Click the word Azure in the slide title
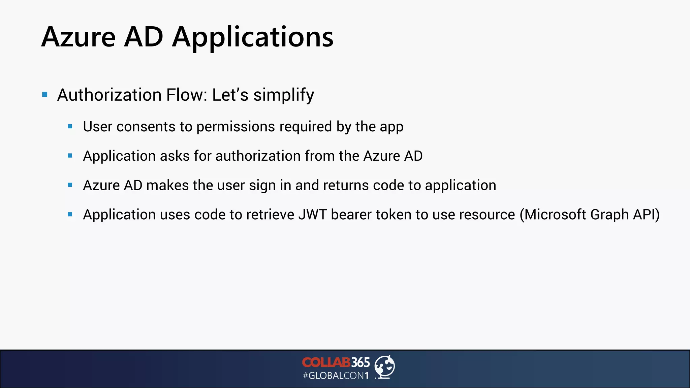tap(79, 37)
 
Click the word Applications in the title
tap(253, 38)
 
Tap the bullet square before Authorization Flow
tap(45, 95)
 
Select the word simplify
tap(284, 95)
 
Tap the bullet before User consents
tap(70, 127)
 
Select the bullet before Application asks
tap(70, 156)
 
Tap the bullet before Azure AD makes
tap(70, 185)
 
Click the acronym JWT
tap(312, 215)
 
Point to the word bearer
tap(351, 215)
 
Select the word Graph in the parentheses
tap(609, 215)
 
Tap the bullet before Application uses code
tap(70, 215)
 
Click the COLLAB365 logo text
tap(336, 362)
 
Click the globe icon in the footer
tap(385, 367)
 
